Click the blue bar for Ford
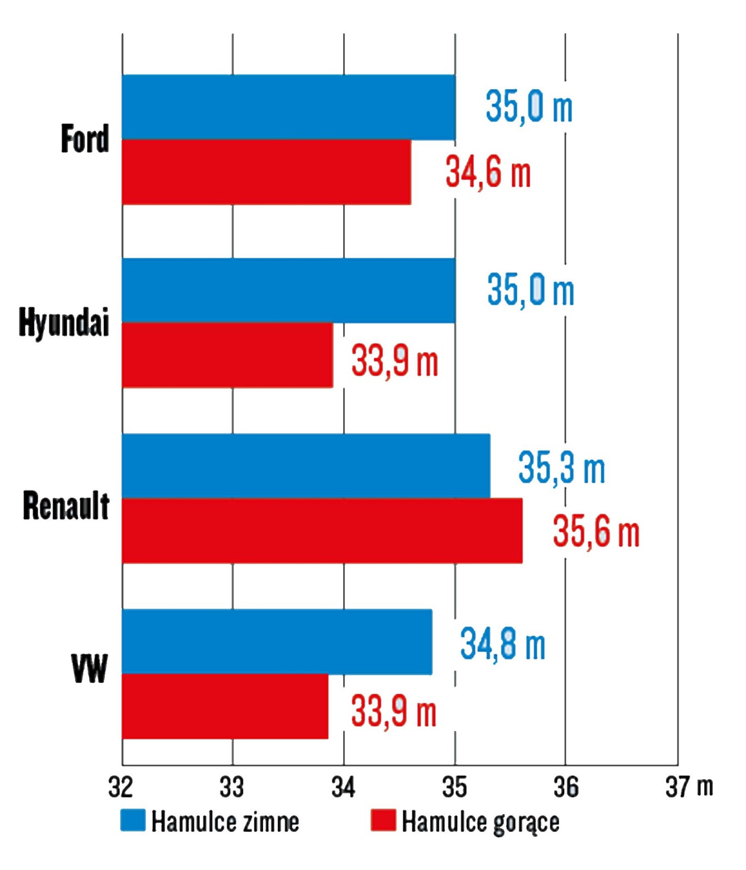pyautogui.click(x=288, y=107)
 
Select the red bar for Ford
pyautogui.click(x=266, y=172)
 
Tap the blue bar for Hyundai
pyautogui.click(x=288, y=290)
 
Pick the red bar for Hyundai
pyautogui.click(x=227, y=355)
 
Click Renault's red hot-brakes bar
pyautogui.click(x=322, y=531)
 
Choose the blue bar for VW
pyautogui.click(x=277, y=642)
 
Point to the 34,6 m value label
pyautogui.click(x=488, y=172)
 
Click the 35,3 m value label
pyautogui.click(x=561, y=468)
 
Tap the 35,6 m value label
pyautogui.click(x=596, y=531)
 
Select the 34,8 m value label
pyautogui.click(x=502, y=644)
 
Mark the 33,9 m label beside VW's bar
pyautogui.click(x=394, y=711)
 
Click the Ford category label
pyautogui.click(x=85, y=139)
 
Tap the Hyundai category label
pyautogui.click(x=64, y=322)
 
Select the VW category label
pyautogui.click(x=89, y=669)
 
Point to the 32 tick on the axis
pyautogui.click(x=121, y=787)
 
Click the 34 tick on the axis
pyautogui.click(x=343, y=787)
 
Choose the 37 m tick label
pyautogui.click(x=689, y=787)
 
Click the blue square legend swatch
pyautogui.click(x=133, y=821)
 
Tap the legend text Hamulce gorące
pyautogui.click(x=480, y=822)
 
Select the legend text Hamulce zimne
pyautogui.click(x=225, y=822)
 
